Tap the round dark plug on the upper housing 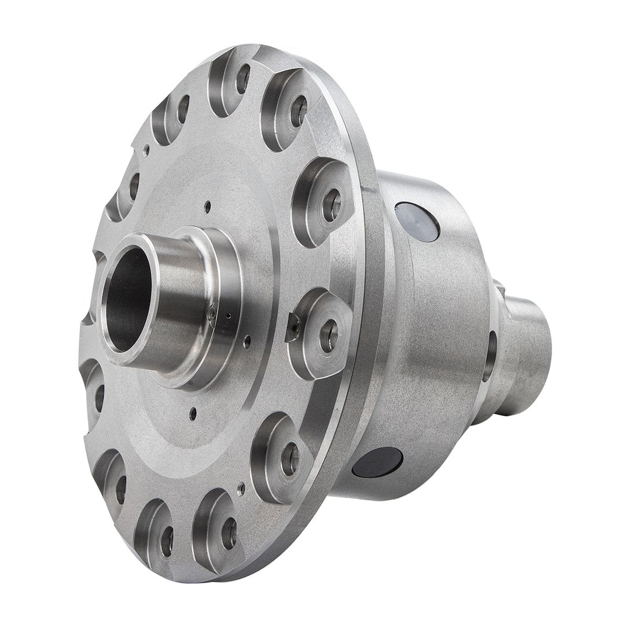pos(417,222)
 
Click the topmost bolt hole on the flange pos(243,78)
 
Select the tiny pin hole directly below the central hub pos(193,413)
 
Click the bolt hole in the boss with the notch pos(329,336)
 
